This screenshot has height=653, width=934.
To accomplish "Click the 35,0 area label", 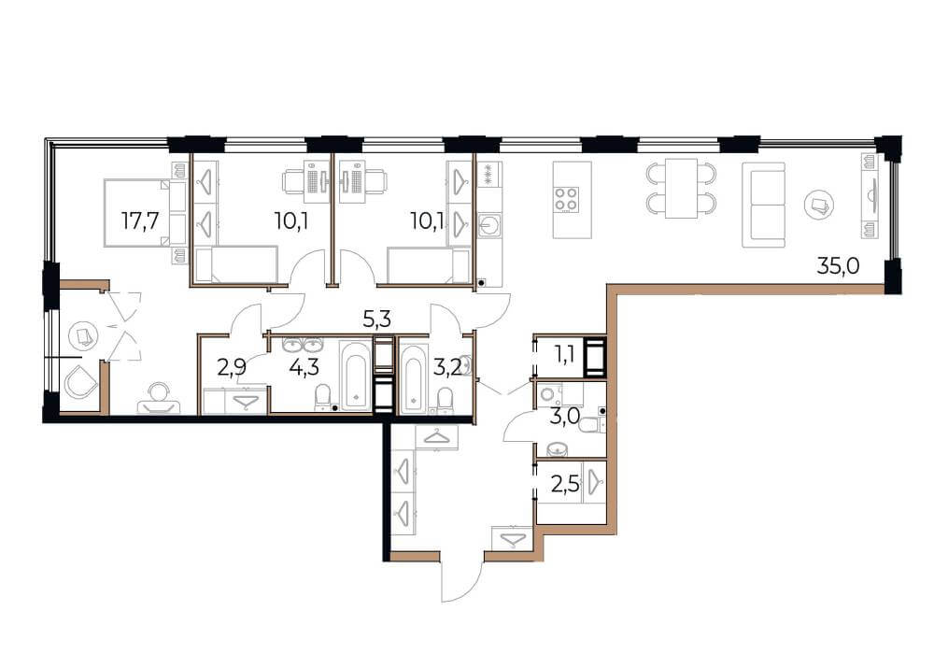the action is tap(838, 265).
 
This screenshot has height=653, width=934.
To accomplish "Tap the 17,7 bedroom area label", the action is tap(141, 221).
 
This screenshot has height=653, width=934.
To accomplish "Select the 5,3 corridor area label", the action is tap(377, 320).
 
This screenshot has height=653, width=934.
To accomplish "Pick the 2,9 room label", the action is tap(231, 368).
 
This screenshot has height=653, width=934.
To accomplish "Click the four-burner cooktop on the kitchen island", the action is tap(566, 200).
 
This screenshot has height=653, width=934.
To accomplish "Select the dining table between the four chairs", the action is tap(681, 189).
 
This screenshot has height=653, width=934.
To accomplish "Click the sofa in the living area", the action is tap(764, 205).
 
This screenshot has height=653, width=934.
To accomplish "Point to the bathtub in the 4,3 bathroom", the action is tap(356, 375).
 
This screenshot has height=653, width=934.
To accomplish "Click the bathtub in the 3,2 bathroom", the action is tap(414, 378).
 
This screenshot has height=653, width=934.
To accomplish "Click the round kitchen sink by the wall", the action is tap(490, 225).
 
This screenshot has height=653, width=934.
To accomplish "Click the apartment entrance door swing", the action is tap(461, 578).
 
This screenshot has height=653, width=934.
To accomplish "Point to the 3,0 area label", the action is tap(565, 416).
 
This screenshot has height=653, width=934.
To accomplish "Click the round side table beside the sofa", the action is tap(818, 205).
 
